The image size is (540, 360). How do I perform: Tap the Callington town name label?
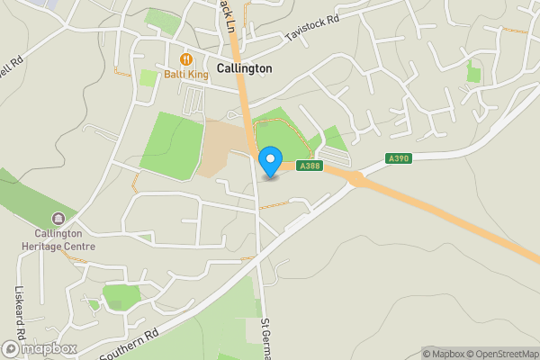pos(244,67)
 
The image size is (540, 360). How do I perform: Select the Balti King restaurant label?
pos(185,75)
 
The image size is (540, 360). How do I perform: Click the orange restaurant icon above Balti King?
pos(186,59)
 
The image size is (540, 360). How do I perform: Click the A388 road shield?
pos(310,166)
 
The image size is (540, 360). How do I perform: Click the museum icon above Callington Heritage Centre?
pos(58,218)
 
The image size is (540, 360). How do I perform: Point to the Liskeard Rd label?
pos(20,311)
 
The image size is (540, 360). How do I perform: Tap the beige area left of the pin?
pos(220,148)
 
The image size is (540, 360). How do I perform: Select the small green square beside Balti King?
pos(148,78)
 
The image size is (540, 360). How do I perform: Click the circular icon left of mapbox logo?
pos(11,348)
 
